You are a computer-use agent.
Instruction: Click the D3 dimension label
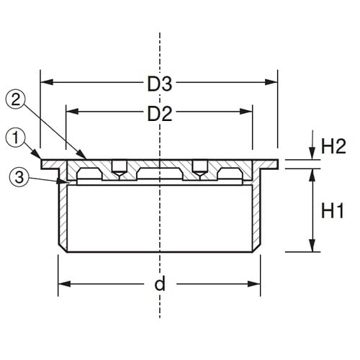160,84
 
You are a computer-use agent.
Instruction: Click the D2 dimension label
160,112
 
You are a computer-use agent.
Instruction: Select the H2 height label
334,147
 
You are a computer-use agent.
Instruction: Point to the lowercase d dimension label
160,283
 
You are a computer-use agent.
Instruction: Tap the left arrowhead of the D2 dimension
70,112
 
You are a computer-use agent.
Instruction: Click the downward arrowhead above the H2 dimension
312,155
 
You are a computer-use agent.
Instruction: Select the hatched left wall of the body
63,216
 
